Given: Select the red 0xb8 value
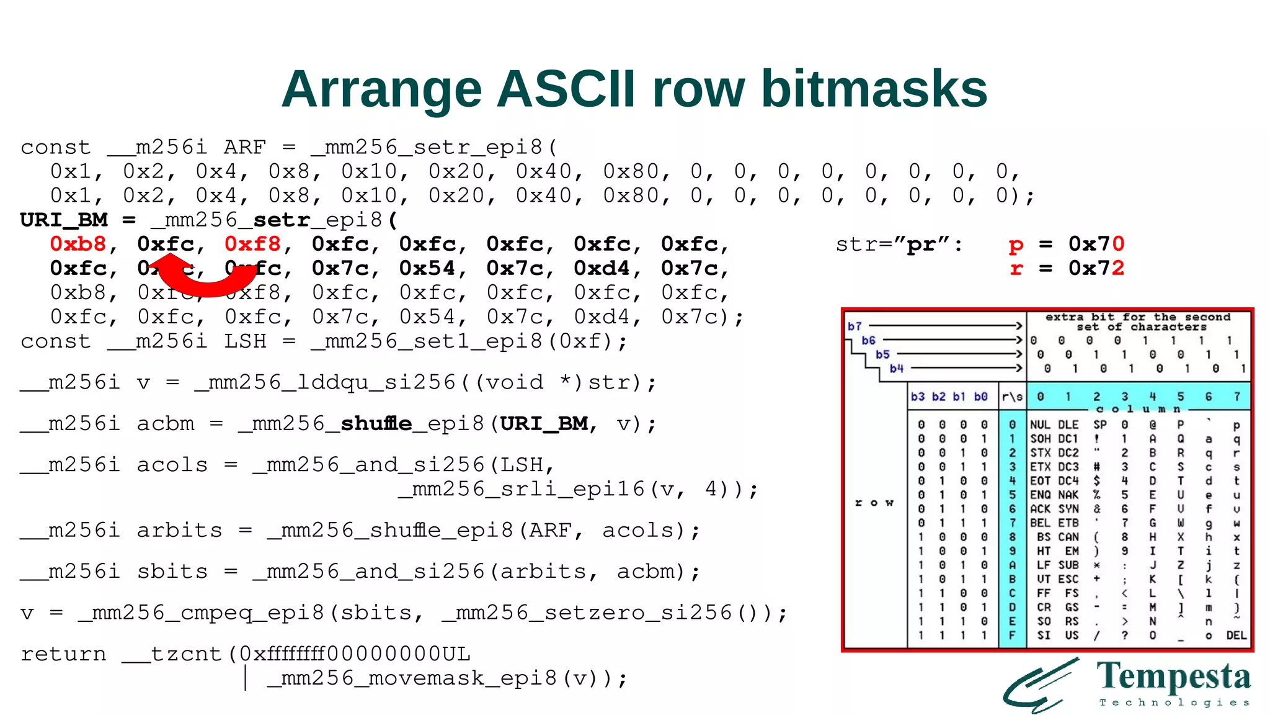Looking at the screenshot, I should [78, 244].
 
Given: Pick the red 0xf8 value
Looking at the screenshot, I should [252, 244].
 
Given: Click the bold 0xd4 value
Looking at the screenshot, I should [602, 268].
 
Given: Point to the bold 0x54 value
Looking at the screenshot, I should [427, 268].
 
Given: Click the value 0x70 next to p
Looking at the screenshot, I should [1096, 244].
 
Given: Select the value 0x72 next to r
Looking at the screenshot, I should [1096, 268].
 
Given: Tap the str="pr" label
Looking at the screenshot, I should [899, 245].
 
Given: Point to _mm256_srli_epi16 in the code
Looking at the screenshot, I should [522, 489].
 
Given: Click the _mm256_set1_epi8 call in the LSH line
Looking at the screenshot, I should [427, 341].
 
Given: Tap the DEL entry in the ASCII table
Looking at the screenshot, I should [1236, 635].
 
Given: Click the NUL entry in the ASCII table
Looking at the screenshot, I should [1040, 425].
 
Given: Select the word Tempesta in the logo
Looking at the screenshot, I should [1173, 676].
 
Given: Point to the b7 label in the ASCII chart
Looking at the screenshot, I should [855, 326].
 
